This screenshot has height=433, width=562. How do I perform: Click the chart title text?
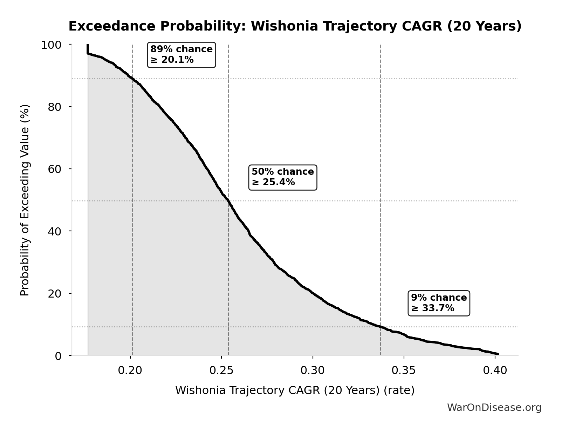coord(295,26)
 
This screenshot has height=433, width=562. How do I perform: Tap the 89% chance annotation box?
coord(181,54)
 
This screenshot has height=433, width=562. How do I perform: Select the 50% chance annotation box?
coord(282,177)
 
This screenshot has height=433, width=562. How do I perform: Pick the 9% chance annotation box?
coord(439,303)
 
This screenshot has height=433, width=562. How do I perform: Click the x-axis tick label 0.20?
coord(130,371)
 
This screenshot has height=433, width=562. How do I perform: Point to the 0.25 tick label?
coord(221,371)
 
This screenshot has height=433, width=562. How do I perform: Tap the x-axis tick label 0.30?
coord(313,371)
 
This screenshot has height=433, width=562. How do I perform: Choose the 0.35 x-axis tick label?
coord(404,371)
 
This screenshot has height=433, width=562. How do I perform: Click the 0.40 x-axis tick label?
coord(495,371)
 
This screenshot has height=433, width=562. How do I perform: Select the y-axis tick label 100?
coord(51,45)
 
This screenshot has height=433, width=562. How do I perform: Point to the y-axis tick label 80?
coord(55,107)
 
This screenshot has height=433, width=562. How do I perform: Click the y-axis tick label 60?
coord(55,169)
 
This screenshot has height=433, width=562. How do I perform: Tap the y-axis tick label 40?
coord(55,231)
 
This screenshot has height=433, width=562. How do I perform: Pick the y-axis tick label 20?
coord(55,293)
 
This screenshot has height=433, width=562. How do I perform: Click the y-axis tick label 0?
coord(58,356)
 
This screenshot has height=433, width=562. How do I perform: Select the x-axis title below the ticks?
coord(295,390)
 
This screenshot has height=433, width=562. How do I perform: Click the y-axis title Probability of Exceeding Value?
coord(25,200)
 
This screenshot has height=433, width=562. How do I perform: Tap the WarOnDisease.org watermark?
coord(494,407)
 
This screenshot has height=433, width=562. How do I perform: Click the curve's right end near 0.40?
coord(498,354)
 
